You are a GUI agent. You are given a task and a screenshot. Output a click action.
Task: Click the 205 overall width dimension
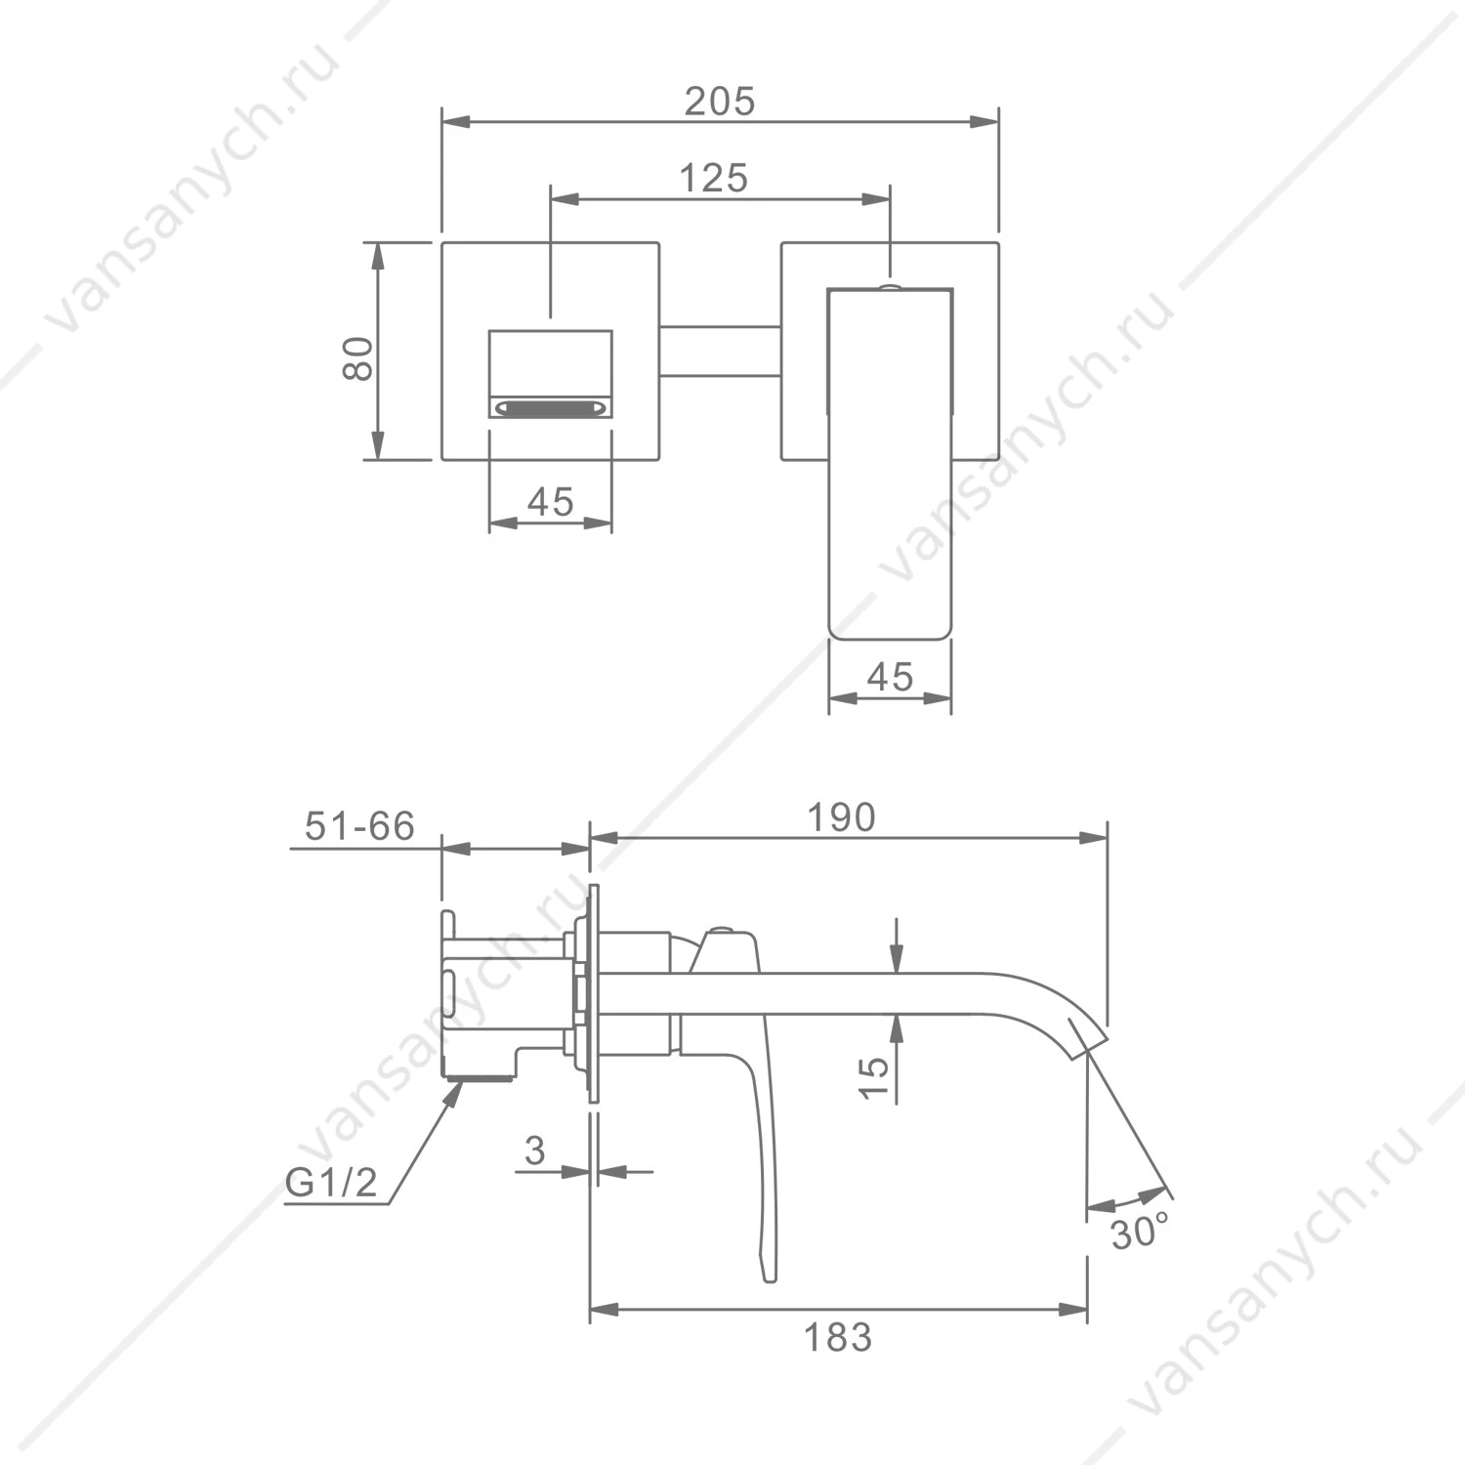(720, 102)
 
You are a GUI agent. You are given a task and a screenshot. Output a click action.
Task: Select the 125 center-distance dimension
(714, 179)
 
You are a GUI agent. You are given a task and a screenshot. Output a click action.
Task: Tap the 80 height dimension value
(358, 358)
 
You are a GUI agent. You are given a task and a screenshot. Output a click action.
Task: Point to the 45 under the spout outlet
(550, 502)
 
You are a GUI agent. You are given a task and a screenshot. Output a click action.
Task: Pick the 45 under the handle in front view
(890, 677)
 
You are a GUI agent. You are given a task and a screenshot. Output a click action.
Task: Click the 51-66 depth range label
(360, 826)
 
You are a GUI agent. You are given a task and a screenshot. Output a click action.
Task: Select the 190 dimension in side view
(841, 817)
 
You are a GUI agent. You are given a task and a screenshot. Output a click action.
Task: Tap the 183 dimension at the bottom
(838, 1337)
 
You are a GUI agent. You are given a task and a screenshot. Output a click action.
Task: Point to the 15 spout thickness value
(875, 1077)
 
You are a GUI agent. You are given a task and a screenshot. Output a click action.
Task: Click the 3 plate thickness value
(534, 1151)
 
